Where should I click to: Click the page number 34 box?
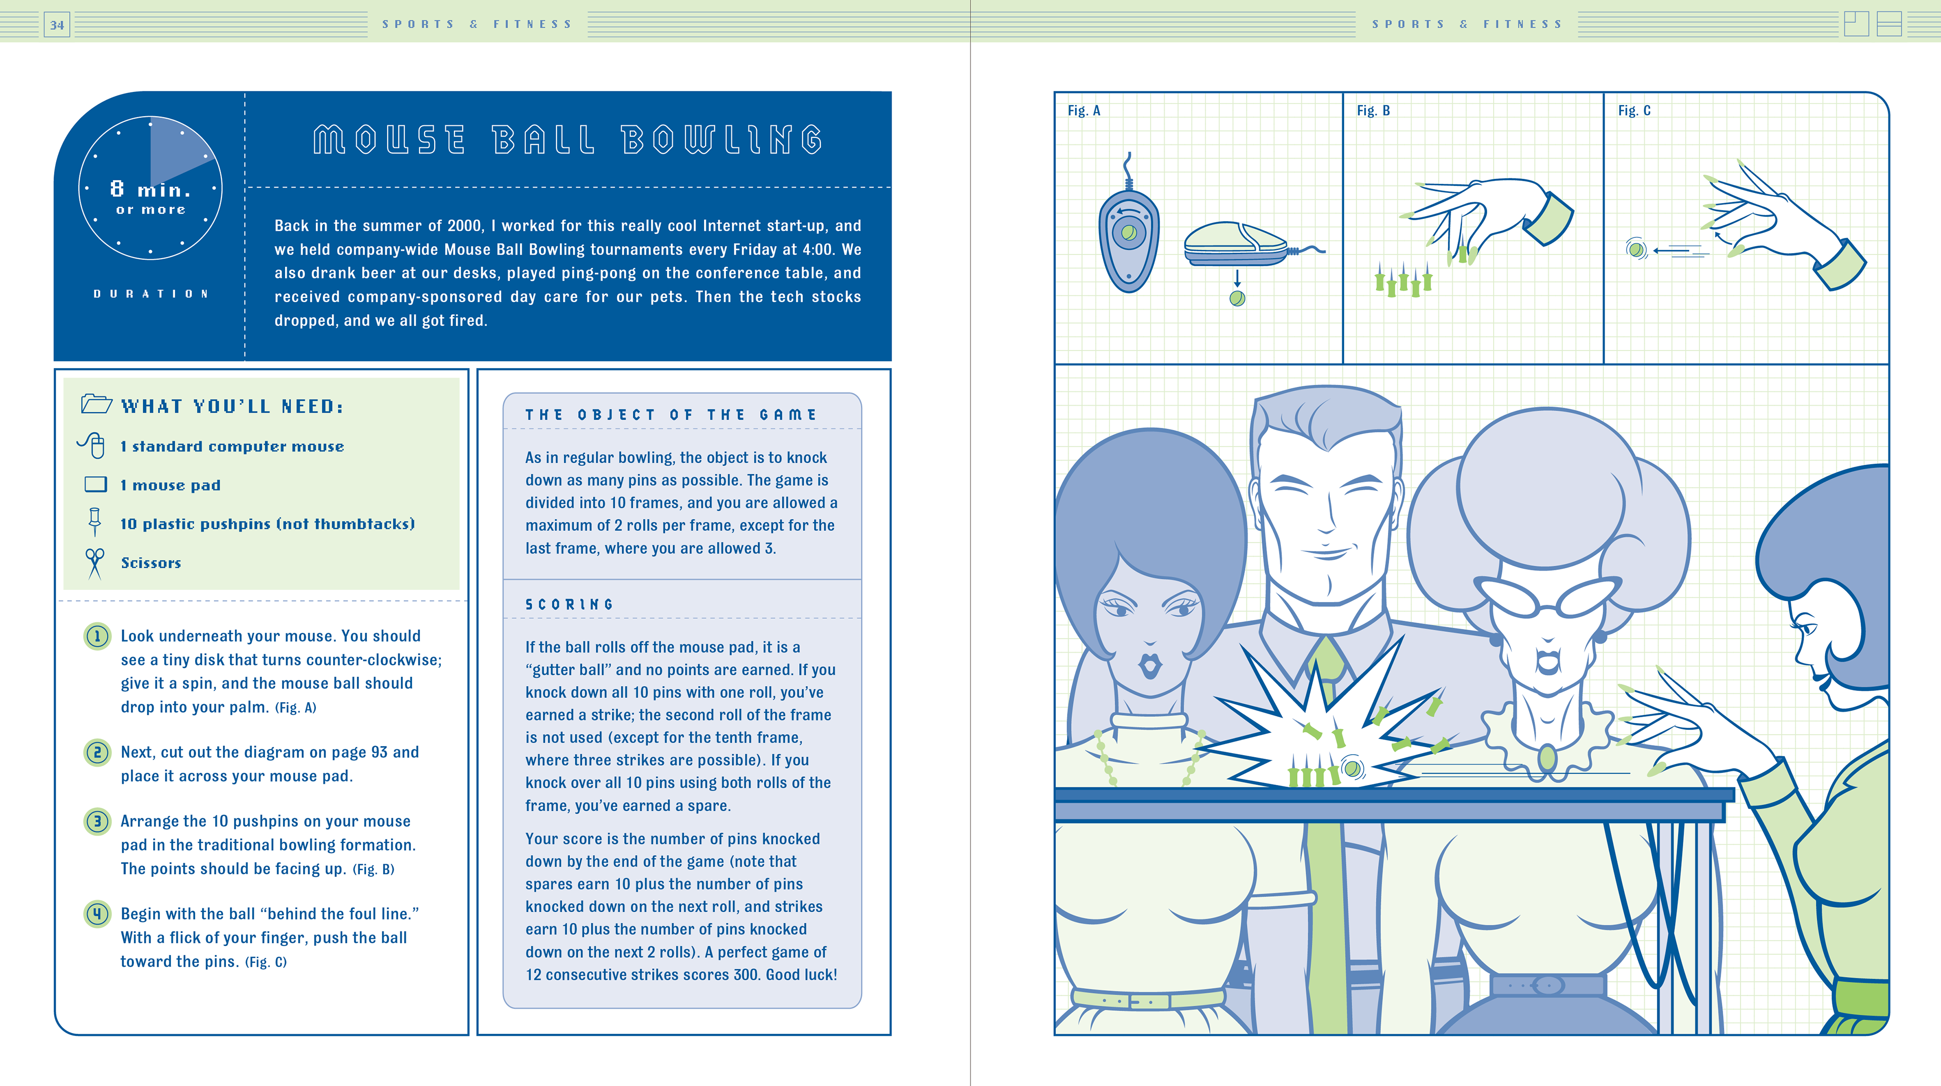(x=57, y=25)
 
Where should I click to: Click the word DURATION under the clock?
(x=151, y=293)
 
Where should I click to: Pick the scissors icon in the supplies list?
(x=95, y=563)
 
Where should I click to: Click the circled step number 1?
(x=97, y=636)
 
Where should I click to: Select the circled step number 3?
(x=97, y=821)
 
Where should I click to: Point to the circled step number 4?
(x=97, y=914)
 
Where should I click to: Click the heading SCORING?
(x=570, y=604)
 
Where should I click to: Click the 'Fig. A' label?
(x=1084, y=111)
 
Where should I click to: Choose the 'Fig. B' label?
(x=1373, y=111)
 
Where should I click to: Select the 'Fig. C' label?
(x=1634, y=111)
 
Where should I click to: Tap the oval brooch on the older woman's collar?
(x=1548, y=758)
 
